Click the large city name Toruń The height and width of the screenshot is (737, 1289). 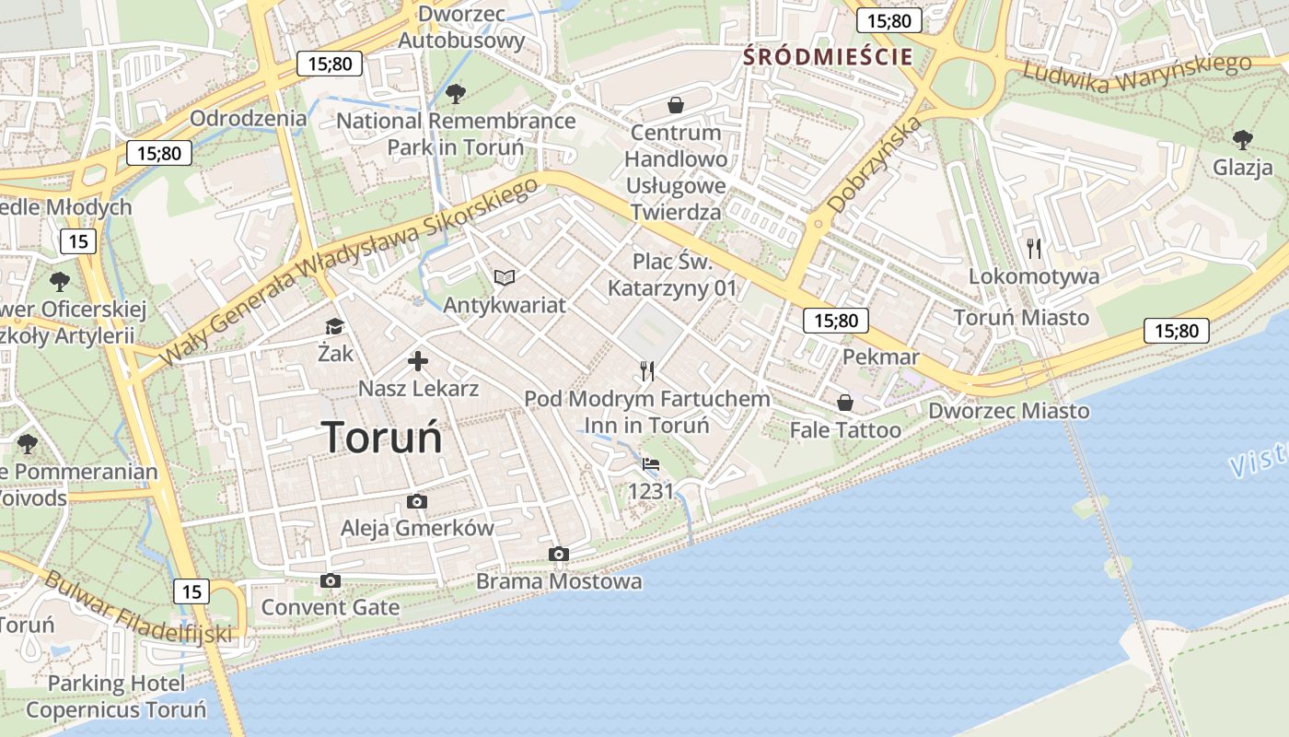[x=382, y=437]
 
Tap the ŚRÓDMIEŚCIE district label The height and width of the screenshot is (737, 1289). [x=828, y=56]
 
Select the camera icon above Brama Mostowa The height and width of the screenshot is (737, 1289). [x=558, y=554]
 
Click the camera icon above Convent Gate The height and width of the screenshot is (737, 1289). [x=331, y=580]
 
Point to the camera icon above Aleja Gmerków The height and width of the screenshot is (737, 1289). [x=417, y=501]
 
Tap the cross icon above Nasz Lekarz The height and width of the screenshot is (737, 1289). [x=418, y=361]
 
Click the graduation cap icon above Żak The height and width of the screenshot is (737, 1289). [x=334, y=327]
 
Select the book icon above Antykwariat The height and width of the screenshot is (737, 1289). [x=505, y=277]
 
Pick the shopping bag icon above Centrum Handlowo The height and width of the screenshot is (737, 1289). [x=676, y=105]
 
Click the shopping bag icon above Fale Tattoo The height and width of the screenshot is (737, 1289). [x=844, y=403]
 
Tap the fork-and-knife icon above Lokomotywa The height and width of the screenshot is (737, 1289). [x=1034, y=248]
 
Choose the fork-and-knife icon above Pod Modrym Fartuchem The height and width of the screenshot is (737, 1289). [x=647, y=371]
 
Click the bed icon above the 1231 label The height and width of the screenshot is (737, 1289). [x=651, y=464]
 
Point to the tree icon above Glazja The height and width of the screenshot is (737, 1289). [x=1242, y=140]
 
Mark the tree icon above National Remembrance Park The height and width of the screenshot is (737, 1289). [x=455, y=93]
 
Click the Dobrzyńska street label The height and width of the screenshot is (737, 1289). [x=875, y=165]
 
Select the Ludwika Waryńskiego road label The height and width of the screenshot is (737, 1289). [x=1137, y=75]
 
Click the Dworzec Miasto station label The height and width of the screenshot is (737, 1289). [x=1008, y=411]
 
